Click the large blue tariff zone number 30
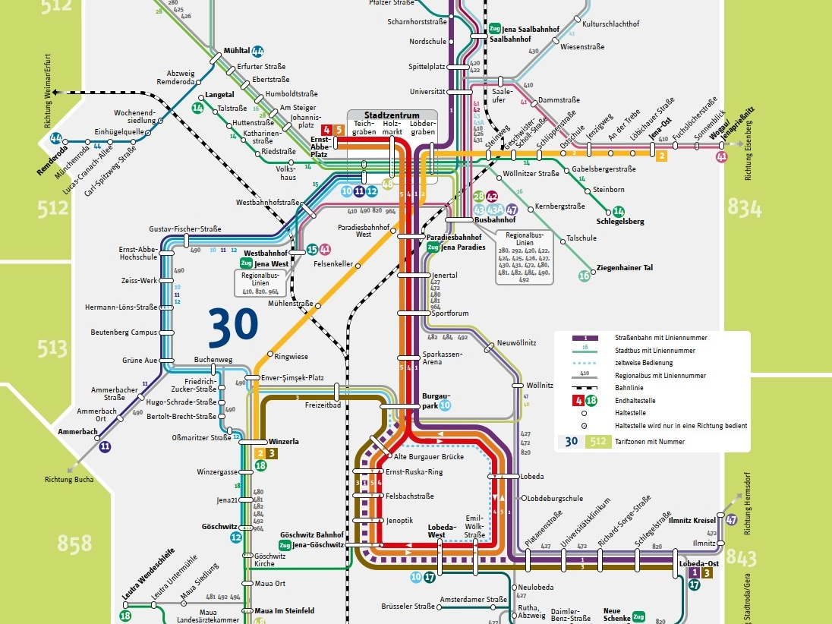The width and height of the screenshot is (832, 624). [x=234, y=327]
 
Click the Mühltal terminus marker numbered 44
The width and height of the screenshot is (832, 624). [x=257, y=52]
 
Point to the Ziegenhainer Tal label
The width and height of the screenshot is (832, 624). [x=625, y=268]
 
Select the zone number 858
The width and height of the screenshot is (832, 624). [x=74, y=542]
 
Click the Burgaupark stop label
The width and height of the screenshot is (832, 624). [x=435, y=400]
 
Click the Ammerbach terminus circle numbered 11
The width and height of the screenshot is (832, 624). [x=105, y=447]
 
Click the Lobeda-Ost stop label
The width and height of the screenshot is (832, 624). [x=698, y=563]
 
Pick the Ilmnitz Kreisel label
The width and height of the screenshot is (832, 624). [x=692, y=520]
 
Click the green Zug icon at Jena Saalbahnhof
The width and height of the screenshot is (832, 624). [x=495, y=29]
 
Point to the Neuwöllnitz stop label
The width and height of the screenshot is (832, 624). [x=515, y=344]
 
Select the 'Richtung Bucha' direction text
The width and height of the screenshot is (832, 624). [x=69, y=479]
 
